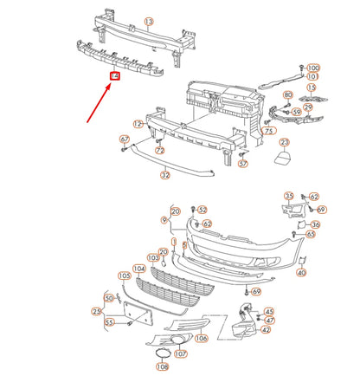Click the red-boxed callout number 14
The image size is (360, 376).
[114, 77]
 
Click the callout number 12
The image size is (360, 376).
[138, 125]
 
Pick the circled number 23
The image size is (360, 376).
[284, 143]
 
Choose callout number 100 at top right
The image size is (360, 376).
[312, 67]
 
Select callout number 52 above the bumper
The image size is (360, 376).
[202, 210]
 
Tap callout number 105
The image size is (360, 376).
[124, 276]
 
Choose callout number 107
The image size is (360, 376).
[180, 353]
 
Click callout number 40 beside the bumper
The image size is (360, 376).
[301, 273]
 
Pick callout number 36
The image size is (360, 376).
[315, 224]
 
